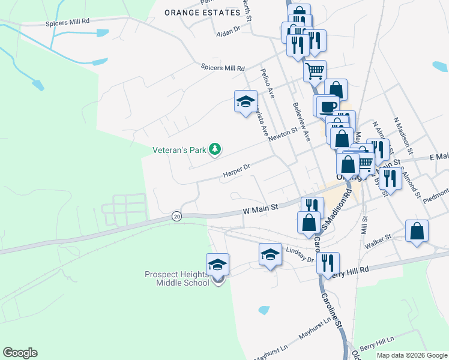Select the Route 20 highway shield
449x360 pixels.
coord(176,216)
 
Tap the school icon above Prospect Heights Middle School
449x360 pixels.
coord(217,264)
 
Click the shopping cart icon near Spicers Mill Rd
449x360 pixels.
coord(315,71)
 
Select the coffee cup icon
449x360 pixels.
coord(327,107)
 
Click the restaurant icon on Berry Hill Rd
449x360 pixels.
coord(328,262)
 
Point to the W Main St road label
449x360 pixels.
coord(261,209)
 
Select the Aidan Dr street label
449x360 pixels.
coord(228,29)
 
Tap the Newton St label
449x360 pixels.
coord(283,134)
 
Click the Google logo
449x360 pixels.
coord(20,353)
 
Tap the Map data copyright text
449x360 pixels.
coord(412,355)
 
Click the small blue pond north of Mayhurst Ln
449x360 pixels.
coord(264,310)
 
